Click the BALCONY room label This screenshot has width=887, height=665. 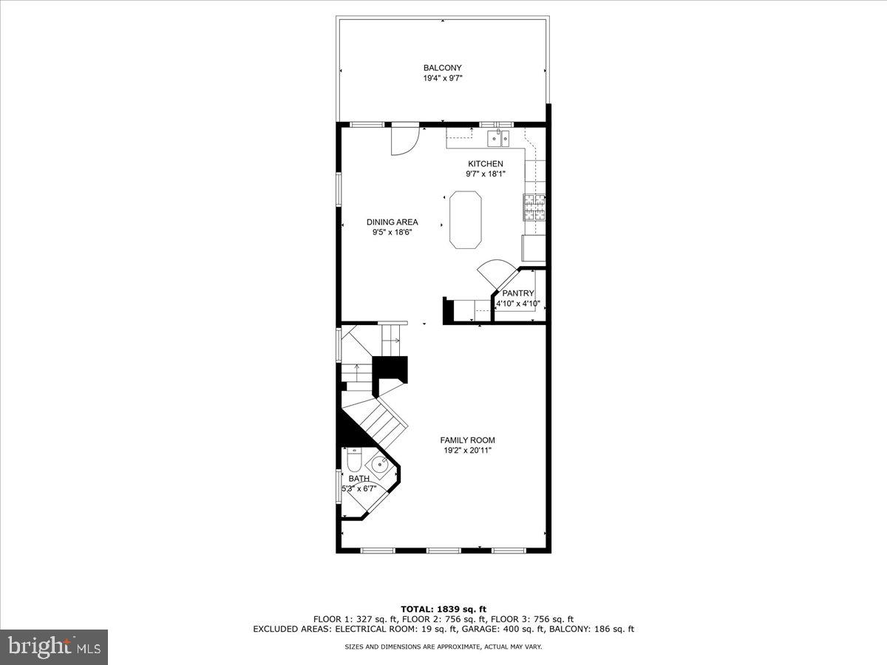coord(442,68)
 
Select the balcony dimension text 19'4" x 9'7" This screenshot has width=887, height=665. coord(442,78)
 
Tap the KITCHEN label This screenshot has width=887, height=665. coord(485,164)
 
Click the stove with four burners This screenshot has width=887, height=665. coord(534,208)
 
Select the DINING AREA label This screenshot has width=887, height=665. coord(392,222)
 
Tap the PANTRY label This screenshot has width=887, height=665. coord(518,293)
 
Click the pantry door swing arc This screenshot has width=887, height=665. coord(493,270)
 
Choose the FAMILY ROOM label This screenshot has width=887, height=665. coord(467,440)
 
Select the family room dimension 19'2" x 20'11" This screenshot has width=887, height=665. coord(467,450)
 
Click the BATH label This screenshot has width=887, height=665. coord(358,479)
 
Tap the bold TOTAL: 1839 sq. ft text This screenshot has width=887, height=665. coord(443,609)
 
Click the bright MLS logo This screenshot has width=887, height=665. coord(54,647)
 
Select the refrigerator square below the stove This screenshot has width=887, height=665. coord(533,248)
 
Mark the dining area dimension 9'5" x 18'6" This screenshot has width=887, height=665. coord(392,232)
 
